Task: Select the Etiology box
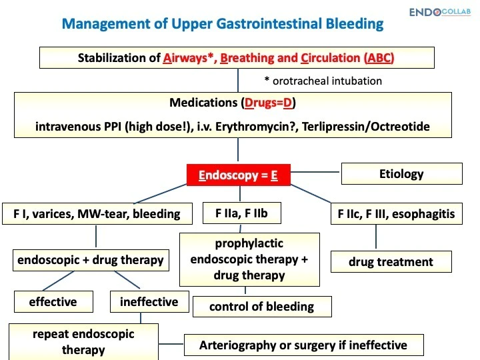pyautogui.click(x=401, y=174)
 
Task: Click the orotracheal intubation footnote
pyautogui.click(x=323, y=81)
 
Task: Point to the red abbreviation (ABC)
pyautogui.click(x=379, y=57)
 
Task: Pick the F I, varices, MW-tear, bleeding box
pyautogui.click(x=97, y=213)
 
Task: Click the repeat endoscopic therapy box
pyautogui.click(x=83, y=341)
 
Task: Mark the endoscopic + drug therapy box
pyautogui.click(x=89, y=260)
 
